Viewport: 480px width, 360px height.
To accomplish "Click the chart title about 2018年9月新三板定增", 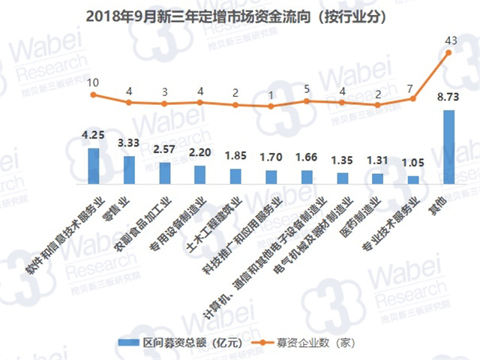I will (240, 15).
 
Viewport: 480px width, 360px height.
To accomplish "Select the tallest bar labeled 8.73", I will (448, 146).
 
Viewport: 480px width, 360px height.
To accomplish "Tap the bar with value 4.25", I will (94, 165).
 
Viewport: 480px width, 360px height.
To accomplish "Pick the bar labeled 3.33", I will (129, 169).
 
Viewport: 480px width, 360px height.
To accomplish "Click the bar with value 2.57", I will (165, 172).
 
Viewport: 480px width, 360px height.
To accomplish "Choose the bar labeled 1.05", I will (412, 179).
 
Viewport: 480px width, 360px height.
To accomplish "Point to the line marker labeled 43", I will (448, 52).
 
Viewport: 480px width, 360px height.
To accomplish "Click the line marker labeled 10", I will (94, 95).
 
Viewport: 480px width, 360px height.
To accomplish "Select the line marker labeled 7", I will (412, 98).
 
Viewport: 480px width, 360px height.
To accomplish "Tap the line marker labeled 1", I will (271, 106).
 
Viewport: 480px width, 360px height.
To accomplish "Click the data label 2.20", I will (200, 152).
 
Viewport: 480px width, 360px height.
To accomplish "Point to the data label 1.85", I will (235, 155).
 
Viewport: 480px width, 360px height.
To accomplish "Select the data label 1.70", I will (271, 157).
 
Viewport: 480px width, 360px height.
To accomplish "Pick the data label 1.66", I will (307, 157).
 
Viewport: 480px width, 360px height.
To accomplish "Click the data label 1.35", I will (342, 160).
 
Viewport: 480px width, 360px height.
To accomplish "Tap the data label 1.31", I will (377, 161).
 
